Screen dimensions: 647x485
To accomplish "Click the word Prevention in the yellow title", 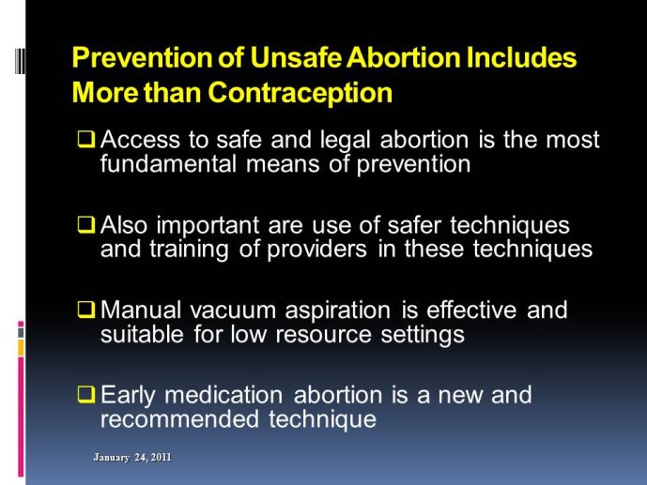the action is [143, 57].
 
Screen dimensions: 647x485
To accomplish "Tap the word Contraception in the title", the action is [300, 93].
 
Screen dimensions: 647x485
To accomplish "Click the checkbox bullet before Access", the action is [86, 139].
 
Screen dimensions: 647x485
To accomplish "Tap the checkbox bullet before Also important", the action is [86, 225].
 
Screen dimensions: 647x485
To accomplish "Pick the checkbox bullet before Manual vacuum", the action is [86, 310].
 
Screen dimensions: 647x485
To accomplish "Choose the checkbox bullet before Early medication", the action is [86, 395].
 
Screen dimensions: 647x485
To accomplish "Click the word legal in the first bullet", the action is [346, 141].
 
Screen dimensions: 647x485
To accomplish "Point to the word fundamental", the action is [168, 164].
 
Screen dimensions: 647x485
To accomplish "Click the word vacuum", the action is [233, 311].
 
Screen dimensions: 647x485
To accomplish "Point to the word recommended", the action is [179, 419].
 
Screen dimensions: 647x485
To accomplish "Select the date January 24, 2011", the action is [132, 458].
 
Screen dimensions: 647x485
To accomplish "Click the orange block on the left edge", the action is [21, 347].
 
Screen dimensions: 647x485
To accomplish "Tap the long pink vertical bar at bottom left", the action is [21, 417].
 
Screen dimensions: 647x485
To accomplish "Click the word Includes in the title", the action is [521, 57].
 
